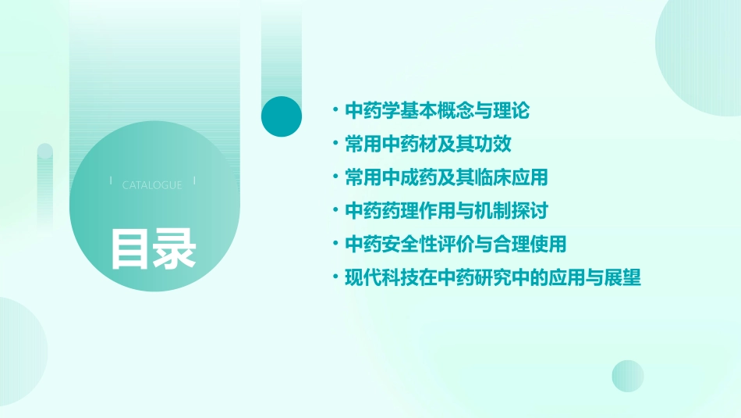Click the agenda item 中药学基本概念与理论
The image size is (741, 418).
[437, 111]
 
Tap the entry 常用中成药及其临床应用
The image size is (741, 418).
[446, 177]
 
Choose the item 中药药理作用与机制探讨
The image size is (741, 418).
[446, 211]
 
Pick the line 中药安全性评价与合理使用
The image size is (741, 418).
[455, 244]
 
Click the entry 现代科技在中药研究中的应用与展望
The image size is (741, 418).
[492, 277]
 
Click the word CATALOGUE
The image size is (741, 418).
[152, 185]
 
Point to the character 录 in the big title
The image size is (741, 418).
[175, 249]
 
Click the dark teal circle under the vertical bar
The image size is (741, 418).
[281, 116]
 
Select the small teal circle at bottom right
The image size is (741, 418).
[628, 376]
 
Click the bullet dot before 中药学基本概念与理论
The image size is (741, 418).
[335, 111]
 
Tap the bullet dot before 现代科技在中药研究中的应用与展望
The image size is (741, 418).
[335, 277]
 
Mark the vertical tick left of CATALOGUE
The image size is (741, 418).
[111, 180]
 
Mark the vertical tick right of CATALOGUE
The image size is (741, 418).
[194, 180]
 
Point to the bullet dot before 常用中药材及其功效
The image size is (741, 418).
[335, 145]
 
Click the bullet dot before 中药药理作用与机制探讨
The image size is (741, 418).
[335, 211]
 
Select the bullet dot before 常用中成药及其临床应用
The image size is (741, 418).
[335, 177]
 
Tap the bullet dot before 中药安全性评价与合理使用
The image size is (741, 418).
[335, 244]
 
